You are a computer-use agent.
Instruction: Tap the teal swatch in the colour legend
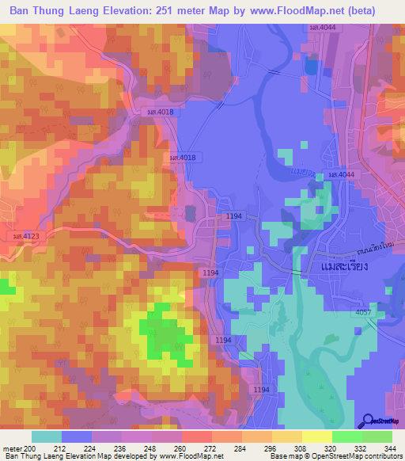coord(47,436)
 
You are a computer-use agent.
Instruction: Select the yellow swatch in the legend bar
coord(317,436)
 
